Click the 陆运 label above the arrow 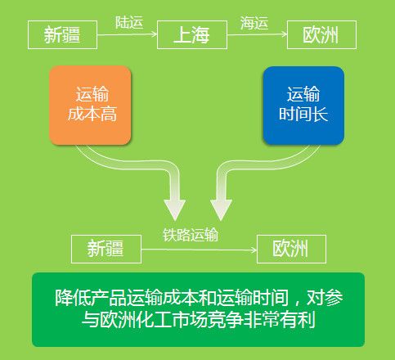(129, 22)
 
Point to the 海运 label (254, 23)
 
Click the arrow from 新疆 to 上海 (128, 34)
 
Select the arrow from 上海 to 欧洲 (258, 34)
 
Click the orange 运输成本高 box (90, 105)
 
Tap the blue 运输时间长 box (303, 106)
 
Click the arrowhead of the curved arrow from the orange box (175, 209)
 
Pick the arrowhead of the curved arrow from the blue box (221, 209)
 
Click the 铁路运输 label (191, 235)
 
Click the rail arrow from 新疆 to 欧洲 (199, 250)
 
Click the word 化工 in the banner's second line (153, 319)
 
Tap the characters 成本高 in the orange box (92, 114)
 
